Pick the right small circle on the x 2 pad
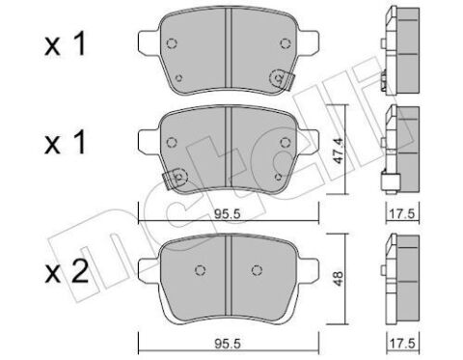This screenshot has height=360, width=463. (x=257, y=269)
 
